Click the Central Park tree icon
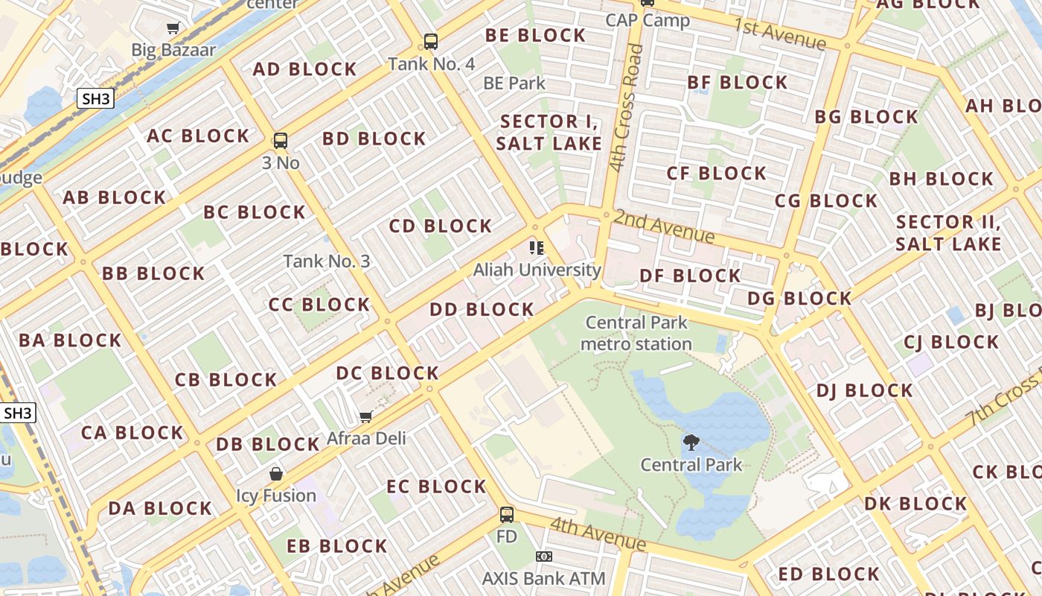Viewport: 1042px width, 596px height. click(691, 443)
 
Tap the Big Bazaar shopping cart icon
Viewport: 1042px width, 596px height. click(173, 28)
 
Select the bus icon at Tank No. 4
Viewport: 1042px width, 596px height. click(431, 42)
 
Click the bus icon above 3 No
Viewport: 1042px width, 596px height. click(281, 140)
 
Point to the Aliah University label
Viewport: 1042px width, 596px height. click(537, 270)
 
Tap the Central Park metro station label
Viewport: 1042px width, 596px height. click(636, 333)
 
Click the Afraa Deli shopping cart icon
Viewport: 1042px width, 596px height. click(365, 416)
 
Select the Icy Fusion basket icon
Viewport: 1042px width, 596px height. click(276, 474)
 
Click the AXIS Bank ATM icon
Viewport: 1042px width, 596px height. click(544, 557)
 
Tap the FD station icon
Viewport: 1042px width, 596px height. click(507, 514)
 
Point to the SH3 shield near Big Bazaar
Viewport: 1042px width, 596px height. click(96, 98)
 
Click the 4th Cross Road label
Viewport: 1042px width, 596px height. click(625, 108)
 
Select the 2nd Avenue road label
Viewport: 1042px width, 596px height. click(664, 226)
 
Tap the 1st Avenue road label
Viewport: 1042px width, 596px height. click(779, 34)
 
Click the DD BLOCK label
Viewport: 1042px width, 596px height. click(482, 309)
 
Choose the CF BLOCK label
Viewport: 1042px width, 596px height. click(716, 174)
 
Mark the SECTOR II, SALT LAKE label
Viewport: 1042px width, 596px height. click(948, 232)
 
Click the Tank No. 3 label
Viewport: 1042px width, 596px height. click(327, 261)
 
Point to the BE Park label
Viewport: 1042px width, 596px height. click(514, 83)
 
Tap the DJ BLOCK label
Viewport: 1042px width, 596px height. click(864, 391)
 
